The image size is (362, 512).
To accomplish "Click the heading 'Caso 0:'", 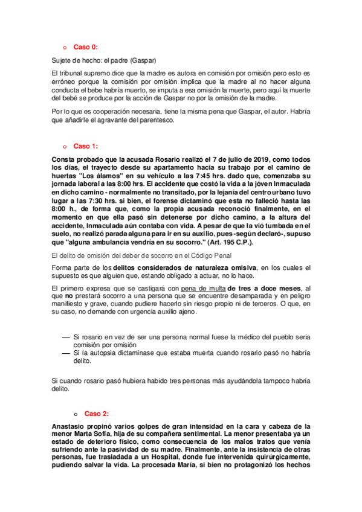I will (85, 46).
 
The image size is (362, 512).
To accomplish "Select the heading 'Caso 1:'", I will (85, 146).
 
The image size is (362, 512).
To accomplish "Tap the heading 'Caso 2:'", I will (96, 414).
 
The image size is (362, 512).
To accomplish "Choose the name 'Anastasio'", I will (72, 426).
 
